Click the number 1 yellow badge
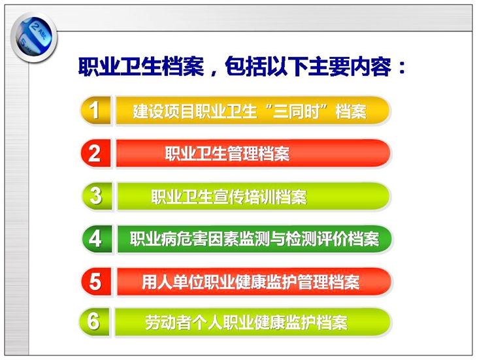pyautogui.click(x=95, y=110)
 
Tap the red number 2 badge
pyautogui.click(x=95, y=154)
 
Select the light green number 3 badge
pyautogui.click(x=96, y=196)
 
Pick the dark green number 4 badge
pyautogui.click(x=96, y=239)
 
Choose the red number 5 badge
pyautogui.click(x=96, y=282)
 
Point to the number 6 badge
pyautogui.click(x=94, y=321)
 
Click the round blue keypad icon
pyautogui.click(x=34, y=38)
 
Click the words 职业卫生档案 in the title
pyautogui.click(x=141, y=66)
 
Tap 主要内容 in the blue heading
pyautogui.click(x=350, y=66)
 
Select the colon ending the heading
pyautogui.click(x=402, y=67)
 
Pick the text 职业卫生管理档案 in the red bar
pyautogui.click(x=227, y=154)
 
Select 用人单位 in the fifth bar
pyautogui.click(x=173, y=282)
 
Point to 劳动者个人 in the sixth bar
pyautogui.click(x=184, y=322)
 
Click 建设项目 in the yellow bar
pyautogui.click(x=163, y=111)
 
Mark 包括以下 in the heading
pyautogui.click(x=266, y=66)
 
